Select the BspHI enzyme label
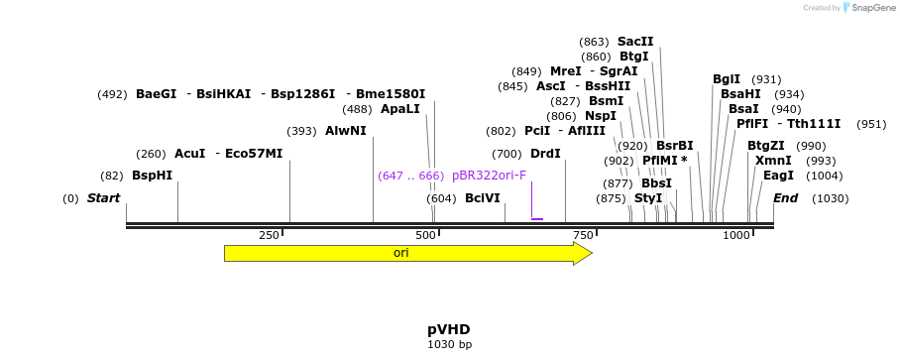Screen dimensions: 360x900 pyautogui.click(x=152, y=176)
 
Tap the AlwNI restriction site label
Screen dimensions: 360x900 pyautogui.click(x=345, y=131)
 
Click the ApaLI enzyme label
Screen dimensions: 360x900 pyautogui.click(x=400, y=109)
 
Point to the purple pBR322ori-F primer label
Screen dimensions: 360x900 pyautogui.click(x=489, y=176)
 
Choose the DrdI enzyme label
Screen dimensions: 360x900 pyautogui.click(x=545, y=154)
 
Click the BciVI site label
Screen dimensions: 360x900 pyautogui.click(x=483, y=198)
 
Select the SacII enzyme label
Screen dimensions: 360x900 pyautogui.click(x=635, y=42)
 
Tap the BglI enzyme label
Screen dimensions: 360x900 pyautogui.click(x=727, y=79)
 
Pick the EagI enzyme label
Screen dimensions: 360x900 pyautogui.click(x=778, y=176)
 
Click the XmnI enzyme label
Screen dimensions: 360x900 pyautogui.click(x=773, y=161)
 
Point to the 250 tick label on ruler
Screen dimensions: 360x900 pyautogui.click(x=269, y=235)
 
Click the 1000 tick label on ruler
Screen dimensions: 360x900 pyautogui.click(x=736, y=235)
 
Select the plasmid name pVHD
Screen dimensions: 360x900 pyautogui.click(x=449, y=329)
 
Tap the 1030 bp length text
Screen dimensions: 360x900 pyautogui.click(x=449, y=344)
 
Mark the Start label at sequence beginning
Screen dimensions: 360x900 pyautogui.click(x=103, y=198)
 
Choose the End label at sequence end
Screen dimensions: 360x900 pyautogui.click(x=785, y=198)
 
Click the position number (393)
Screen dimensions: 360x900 pyautogui.click(x=301, y=131)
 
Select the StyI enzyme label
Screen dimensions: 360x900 pyautogui.click(x=648, y=198)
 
